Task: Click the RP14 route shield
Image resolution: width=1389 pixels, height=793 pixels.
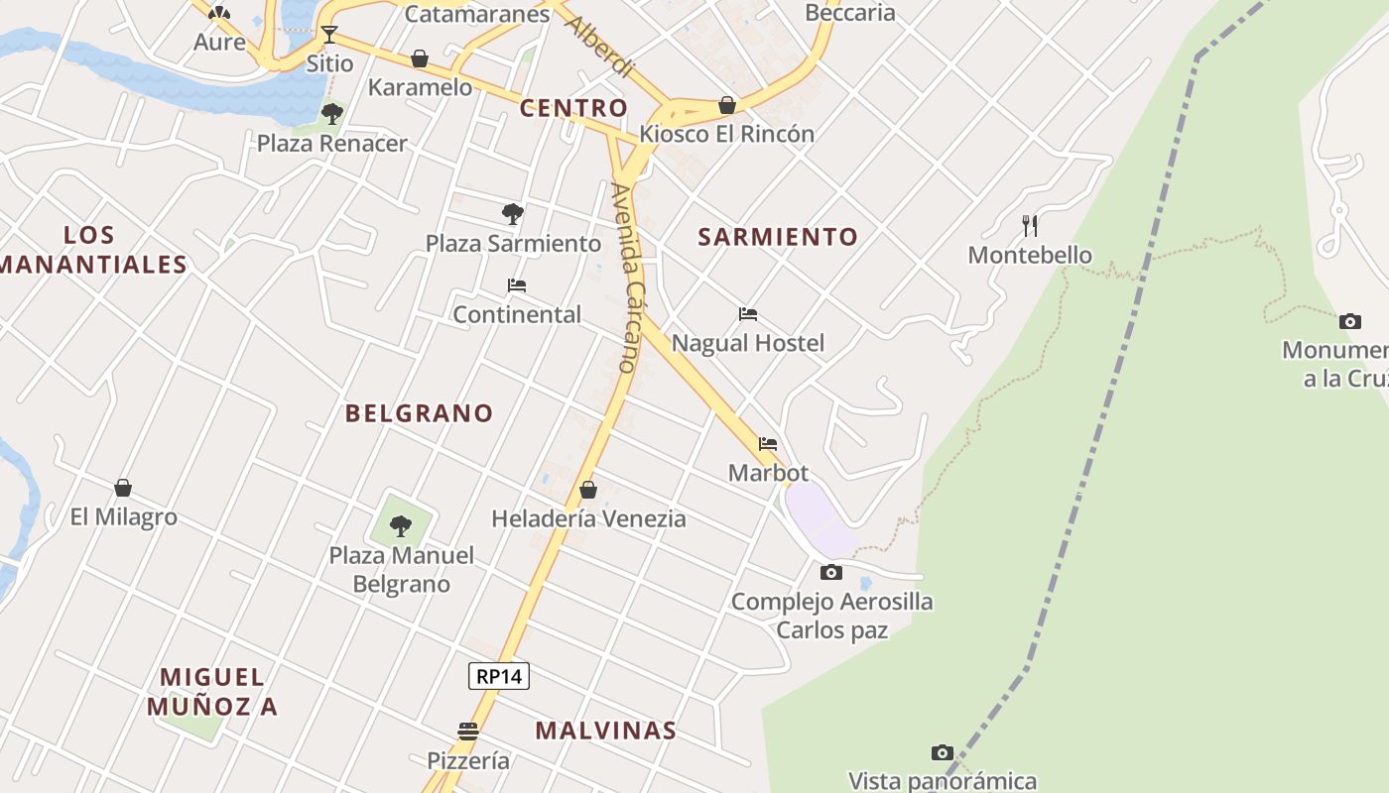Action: click(x=499, y=676)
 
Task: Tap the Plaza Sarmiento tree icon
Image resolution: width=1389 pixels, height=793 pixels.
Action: click(x=513, y=213)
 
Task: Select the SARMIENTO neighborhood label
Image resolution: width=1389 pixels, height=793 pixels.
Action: click(x=778, y=237)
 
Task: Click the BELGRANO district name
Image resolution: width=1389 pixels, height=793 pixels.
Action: click(x=419, y=413)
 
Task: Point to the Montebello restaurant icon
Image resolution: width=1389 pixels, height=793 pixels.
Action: click(x=1030, y=226)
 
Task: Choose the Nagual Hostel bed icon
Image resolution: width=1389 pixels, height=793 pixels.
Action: click(x=748, y=314)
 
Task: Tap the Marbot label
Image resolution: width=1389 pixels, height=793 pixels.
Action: click(x=768, y=473)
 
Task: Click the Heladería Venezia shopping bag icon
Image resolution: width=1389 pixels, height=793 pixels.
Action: click(x=588, y=490)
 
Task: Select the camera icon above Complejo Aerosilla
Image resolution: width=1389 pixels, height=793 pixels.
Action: click(x=831, y=572)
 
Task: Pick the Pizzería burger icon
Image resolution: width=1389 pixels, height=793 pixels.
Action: click(x=468, y=732)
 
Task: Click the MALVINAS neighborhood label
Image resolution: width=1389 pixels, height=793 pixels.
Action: click(x=605, y=731)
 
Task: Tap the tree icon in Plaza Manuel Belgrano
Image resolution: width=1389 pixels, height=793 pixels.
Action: click(x=401, y=525)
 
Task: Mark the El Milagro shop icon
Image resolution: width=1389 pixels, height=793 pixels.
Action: click(x=123, y=488)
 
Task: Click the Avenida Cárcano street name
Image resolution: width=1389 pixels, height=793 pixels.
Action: click(x=626, y=278)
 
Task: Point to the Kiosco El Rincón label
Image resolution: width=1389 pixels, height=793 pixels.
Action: click(x=727, y=134)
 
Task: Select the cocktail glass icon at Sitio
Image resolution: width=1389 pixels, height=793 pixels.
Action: click(x=328, y=35)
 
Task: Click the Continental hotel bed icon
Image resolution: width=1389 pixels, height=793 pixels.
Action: click(x=517, y=285)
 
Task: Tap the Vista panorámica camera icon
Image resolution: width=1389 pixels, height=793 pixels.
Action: click(x=943, y=752)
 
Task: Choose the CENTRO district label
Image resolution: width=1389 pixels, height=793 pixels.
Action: click(x=573, y=108)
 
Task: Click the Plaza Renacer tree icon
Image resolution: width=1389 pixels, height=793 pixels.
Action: click(x=332, y=114)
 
